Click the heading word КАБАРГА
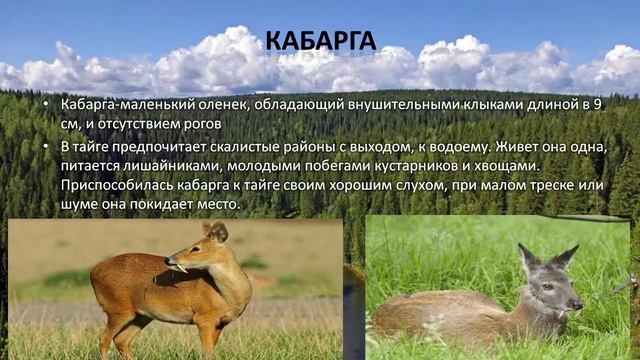click(320, 41)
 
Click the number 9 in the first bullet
click(597, 104)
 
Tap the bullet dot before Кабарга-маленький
click(49, 105)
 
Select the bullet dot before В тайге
click(49, 146)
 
